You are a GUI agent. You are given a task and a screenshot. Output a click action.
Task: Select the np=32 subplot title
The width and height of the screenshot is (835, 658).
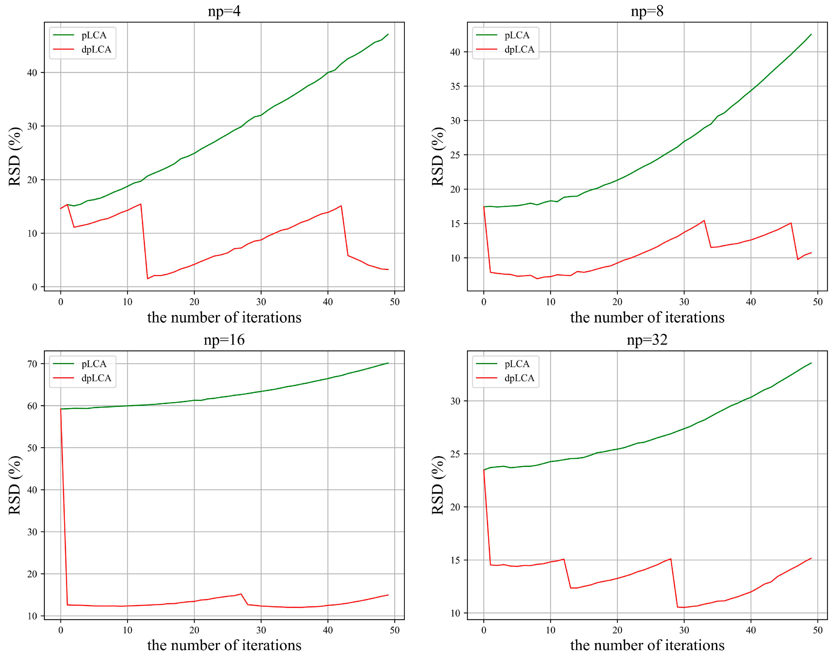pos(647,340)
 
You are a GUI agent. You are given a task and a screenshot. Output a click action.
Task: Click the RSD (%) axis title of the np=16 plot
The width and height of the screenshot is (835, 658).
pos(15,486)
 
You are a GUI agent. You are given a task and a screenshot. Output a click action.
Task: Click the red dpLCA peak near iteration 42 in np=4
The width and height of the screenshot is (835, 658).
pos(341,206)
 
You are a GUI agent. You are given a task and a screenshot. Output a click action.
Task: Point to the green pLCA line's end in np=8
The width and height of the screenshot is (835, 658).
pos(811,34)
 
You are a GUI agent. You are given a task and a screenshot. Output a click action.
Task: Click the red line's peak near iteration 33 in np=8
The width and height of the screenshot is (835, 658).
pos(704,220)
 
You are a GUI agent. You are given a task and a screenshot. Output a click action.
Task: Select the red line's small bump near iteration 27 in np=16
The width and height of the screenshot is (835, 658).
pos(241,594)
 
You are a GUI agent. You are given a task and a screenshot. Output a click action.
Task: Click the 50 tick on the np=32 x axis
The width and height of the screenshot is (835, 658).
pos(818,631)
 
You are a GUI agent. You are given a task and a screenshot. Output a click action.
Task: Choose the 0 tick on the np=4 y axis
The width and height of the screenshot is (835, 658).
pos(35,287)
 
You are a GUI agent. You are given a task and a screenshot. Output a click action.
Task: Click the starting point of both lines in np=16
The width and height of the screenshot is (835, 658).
pos(61,409)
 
